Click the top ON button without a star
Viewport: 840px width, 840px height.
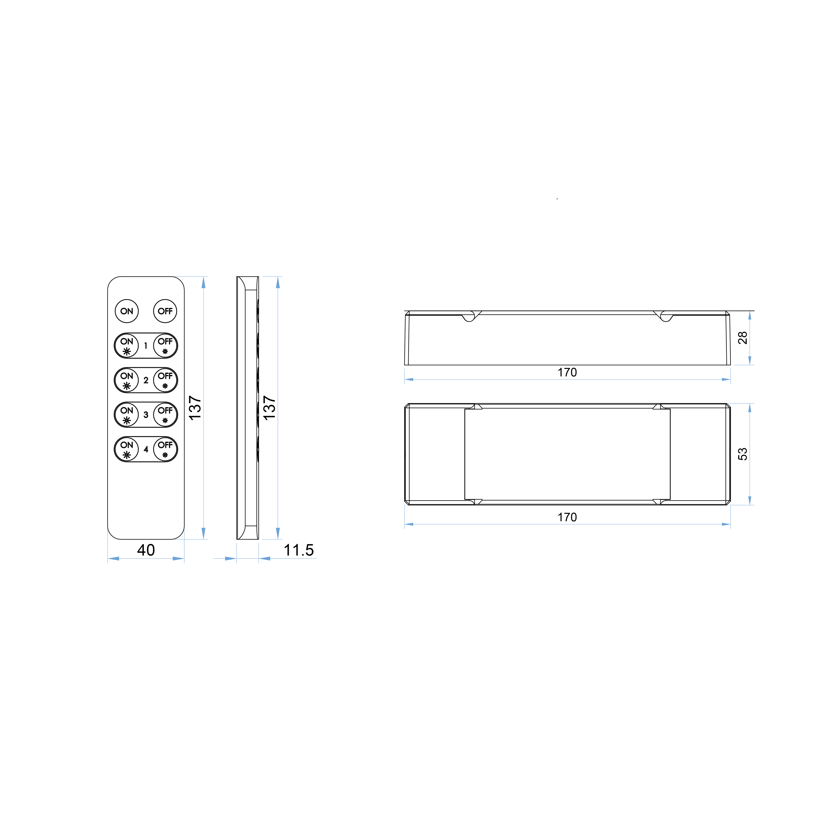(x=127, y=311)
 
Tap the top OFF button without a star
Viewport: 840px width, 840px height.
(x=165, y=311)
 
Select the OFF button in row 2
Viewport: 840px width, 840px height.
(x=165, y=380)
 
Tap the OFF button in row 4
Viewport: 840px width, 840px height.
(x=165, y=449)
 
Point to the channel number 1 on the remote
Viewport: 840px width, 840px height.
(x=146, y=346)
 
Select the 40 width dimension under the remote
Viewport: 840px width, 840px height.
(x=146, y=550)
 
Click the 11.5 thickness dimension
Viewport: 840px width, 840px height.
(x=299, y=550)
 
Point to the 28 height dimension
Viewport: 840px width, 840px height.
(x=743, y=338)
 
